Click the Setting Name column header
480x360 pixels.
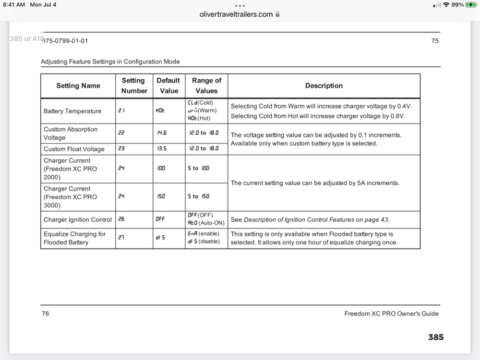[x=78, y=86]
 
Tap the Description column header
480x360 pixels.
[x=324, y=86]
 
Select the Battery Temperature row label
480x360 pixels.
[x=72, y=111]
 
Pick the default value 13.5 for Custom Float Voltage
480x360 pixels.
[x=162, y=149]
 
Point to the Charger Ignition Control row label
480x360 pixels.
[x=78, y=220]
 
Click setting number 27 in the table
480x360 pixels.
[x=122, y=238]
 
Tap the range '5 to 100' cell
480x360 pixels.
[x=199, y=168]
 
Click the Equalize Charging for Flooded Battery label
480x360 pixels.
[x=75, y=238]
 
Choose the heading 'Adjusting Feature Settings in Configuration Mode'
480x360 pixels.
[x=110, y=61]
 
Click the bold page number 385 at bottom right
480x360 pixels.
[x=436, y=337]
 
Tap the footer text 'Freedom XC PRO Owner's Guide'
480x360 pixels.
[x=391, y=314]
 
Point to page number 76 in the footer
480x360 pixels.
[x=45, y=314]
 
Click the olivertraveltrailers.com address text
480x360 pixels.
[x=236, y=14]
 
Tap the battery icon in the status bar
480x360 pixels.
[x=471, y=5]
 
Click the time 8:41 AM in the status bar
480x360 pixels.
[x=13, y=5]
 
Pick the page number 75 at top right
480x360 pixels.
[x=435, y=41]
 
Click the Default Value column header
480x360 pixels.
[x=168, y=85]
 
